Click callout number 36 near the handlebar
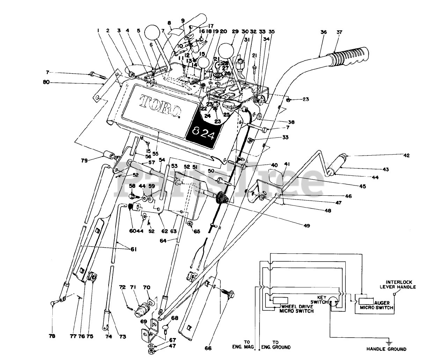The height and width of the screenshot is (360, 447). click(x=324, y=32)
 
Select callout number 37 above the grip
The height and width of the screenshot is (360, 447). click(x=339, y=32)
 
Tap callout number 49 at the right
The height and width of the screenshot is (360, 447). click(x=307, y=226)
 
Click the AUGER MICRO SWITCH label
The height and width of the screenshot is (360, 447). click(x=379, y=306)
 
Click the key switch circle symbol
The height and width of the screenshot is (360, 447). click(x=334, y=302)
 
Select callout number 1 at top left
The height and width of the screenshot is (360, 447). click(x=99, y=31)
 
